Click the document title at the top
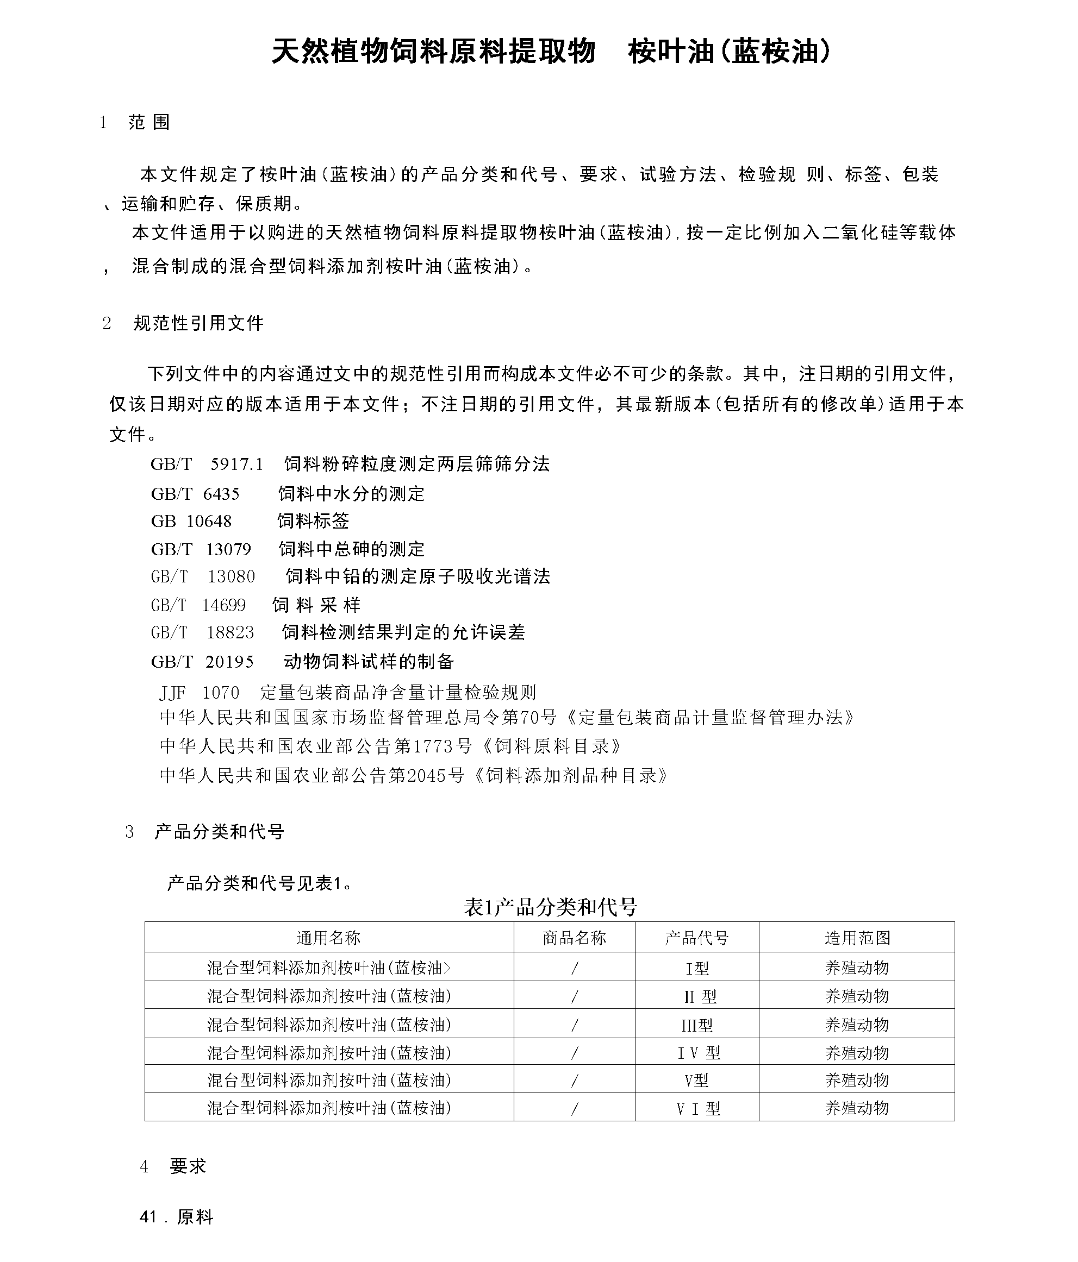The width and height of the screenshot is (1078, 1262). pyautogui.click(x=550, y=51)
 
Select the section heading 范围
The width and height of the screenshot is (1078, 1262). pyautogui.click(x=149, y=122)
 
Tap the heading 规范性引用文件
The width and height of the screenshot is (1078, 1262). pyautogui.click(x=198, y=323)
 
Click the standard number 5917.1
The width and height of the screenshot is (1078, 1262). pyautogui.click(x=236, y=464)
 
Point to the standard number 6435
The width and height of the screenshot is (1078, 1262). pyautogui.click(x=221, y=493)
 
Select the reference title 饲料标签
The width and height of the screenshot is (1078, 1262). pyautogui.click(x=313, y=521)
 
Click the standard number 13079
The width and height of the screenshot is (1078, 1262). pyautogui.click(x=228, y=549)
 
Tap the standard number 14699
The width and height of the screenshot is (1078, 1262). pyautogui.click(x=223, y=605)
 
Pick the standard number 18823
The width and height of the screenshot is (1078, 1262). pyautogui.click(x=230, y=632)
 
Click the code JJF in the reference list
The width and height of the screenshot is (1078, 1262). pyautogui.click(x=172, y=693)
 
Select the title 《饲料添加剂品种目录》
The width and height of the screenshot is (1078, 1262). pyautogui.click(x=570, y=775)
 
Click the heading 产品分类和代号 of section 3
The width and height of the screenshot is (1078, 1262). pyautogui.click(x=220, y=831)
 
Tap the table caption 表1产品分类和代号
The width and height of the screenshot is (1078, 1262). pyautogui.click(x=550, y=907)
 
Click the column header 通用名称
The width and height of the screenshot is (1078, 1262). pyautogui.click(x=328, y=937)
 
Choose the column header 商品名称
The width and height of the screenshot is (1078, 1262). pyautogui.click(x=574, y=937)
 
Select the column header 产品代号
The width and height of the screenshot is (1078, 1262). pyautogui.click(x=696, y=937)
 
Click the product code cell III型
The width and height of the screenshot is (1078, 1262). pyautogui.click(x=696, y=1026)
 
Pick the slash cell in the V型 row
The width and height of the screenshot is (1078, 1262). pyautogui.click(x=574, y=1081)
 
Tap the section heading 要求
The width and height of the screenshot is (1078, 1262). pyautogui.click(x=188, y=1166)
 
